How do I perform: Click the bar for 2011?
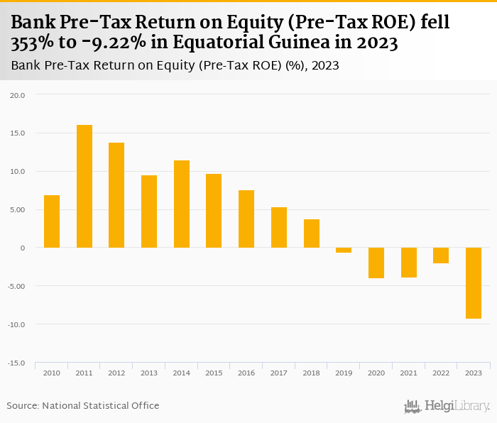pos(84,186)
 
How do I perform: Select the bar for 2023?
pos(474,283)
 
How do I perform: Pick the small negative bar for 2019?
pos(344,250)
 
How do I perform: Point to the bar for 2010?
pos(52,221)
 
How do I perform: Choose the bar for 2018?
pos(312,234)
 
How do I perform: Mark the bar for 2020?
pos(376,263)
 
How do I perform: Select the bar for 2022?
pos(441,256)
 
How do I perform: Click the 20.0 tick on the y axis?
pos(18,94)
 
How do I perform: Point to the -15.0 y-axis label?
pos(16,363)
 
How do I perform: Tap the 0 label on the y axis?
pos(22,248)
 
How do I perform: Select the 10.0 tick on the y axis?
pos(18,171)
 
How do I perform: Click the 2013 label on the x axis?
pos(149,373)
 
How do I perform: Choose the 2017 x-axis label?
pos(279,373)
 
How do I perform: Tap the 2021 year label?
pos(408,373)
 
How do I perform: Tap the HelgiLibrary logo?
pos(447,406)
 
